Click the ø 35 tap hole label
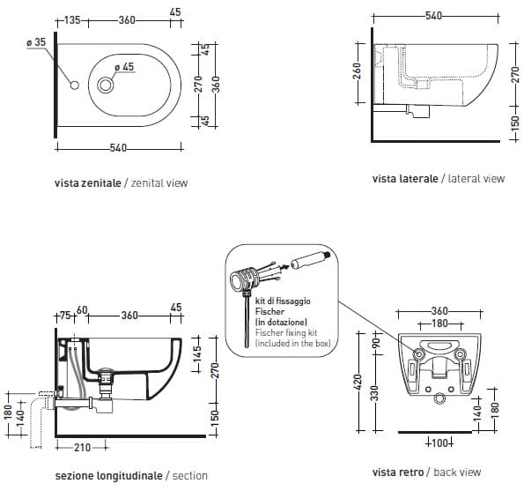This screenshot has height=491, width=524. tap(36, 42)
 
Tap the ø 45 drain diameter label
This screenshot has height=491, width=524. tap(124, 67)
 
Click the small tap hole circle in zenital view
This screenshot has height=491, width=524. tap(75, 86)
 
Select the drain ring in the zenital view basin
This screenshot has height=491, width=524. tap(106, 86)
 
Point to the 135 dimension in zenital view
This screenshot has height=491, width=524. tap(72, 20)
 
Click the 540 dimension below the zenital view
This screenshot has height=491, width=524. tap(118, 147)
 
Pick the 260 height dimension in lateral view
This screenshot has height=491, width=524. tap(357, 71)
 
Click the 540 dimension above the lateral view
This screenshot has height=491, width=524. tap(433, 15)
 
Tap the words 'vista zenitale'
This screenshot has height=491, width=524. tap(88, 183)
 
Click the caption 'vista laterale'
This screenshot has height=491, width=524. tap(405, 179)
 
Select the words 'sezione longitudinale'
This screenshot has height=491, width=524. tap(109, 476)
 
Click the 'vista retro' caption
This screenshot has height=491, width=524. tap(398, 472)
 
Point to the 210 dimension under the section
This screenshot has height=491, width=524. tap(82, 447)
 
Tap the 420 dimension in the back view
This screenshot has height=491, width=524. tap(358, 382)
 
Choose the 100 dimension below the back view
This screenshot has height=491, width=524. tap(439, 443)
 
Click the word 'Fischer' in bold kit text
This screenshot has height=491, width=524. tap(269, 312)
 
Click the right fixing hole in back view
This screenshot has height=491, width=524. tap(460, 353)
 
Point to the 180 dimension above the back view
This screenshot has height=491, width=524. tap(439, 324)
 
